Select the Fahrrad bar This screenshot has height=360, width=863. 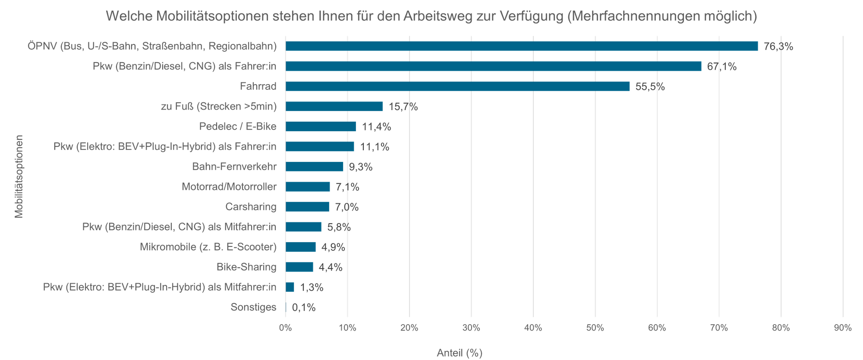(x=457, y=86)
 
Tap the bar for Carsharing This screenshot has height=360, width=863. (x=307, y=207)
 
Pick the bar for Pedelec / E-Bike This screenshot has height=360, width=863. (x=321, y=126)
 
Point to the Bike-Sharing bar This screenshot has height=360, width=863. (x=299, y=267)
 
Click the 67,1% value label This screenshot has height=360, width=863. (x=721, y=66)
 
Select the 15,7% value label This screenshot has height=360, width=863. (x=403, y=107)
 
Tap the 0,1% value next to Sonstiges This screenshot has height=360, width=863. (x=304, y=307)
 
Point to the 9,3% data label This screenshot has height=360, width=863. (x=360, y=167)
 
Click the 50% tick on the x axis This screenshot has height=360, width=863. (x=595, y=328)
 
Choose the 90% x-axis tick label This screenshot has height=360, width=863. (x=843, y=328)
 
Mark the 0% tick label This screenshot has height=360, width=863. (x=285, y=328)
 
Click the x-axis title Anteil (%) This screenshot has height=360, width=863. (x=460, y=353)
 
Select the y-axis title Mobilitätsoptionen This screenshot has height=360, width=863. (x=19, y=177)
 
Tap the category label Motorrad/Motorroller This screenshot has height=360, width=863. (x=229, y=187)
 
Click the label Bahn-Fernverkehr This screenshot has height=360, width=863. (x=234, y=167)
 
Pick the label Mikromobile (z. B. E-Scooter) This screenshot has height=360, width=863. (x=208, y=247)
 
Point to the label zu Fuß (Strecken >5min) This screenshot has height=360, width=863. (x=219, y=107)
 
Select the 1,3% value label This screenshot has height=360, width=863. (x=312, y=287)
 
